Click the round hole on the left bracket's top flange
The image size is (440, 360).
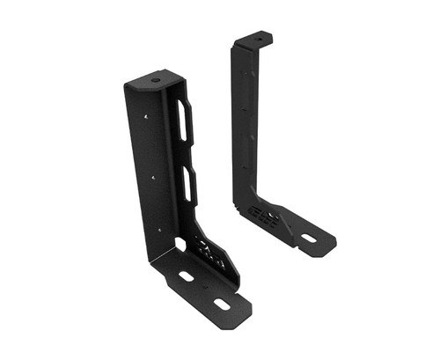pyautogui.click(x=156, y=81)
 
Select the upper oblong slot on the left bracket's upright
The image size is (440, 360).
pyautogui.click(x=183, y=121)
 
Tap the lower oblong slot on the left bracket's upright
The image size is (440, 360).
pyautogui.click(x=188, y=185)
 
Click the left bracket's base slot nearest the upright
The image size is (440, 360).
pyautogui.click(x=187, y=276)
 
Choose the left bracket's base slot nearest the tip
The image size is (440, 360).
pyautogui.click(x=221, y=305)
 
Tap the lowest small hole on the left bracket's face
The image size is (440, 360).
pyautogui.click(x=158, y=230)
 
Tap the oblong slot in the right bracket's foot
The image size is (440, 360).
pyautogui.click(x=308, y=237)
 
